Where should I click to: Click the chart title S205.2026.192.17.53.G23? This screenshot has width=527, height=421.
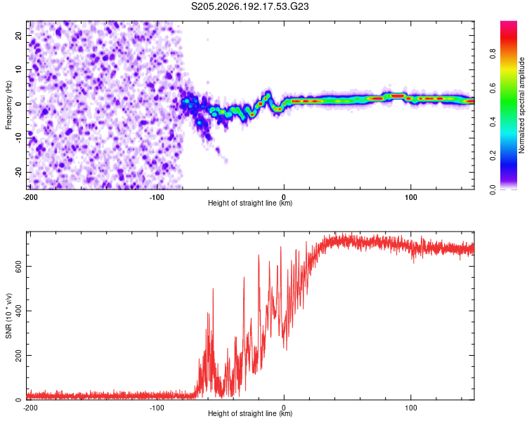tap(249, 6)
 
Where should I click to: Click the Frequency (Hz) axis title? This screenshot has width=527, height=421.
tap(8, 105)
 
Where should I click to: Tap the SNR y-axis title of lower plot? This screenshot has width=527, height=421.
tap(8, 316)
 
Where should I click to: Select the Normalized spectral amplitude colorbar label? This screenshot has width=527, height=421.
tap(521, 105)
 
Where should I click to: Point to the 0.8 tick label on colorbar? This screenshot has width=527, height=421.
tap(493, 54)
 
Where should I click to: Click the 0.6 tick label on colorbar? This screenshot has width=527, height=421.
tap(493, 88)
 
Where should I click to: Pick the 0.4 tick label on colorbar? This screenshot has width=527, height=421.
tap(493, 122)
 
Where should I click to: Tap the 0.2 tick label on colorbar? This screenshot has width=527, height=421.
tap(493, 156)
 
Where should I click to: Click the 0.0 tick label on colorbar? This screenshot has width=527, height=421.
tap(493, 189)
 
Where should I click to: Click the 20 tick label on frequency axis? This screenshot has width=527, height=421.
tap(18, 36)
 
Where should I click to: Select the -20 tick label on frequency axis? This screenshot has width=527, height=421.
tap(18, 173)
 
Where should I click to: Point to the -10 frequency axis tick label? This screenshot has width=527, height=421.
tap(18, 138)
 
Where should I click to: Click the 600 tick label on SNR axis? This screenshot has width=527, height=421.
tap(18, 266)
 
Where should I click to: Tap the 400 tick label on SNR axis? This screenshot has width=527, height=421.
tap(18, 311)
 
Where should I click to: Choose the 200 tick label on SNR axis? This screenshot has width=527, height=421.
tap(18, 356)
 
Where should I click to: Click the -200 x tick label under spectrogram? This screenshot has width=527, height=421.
tap(30, 197)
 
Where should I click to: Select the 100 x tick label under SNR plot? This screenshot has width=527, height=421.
tap(411, 408)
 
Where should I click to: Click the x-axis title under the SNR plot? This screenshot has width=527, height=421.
tap(250, 413)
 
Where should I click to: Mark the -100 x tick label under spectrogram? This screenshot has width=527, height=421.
tap(157, 197)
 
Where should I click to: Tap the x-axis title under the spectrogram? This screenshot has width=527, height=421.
tap(250, 203)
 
